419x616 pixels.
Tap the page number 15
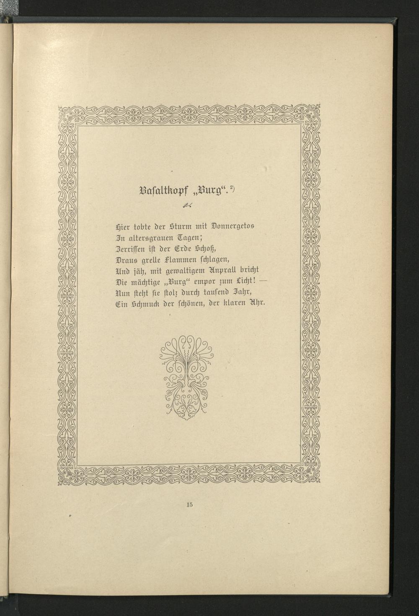(x=189, y=505)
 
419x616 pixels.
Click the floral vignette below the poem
(x=187, y=375)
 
